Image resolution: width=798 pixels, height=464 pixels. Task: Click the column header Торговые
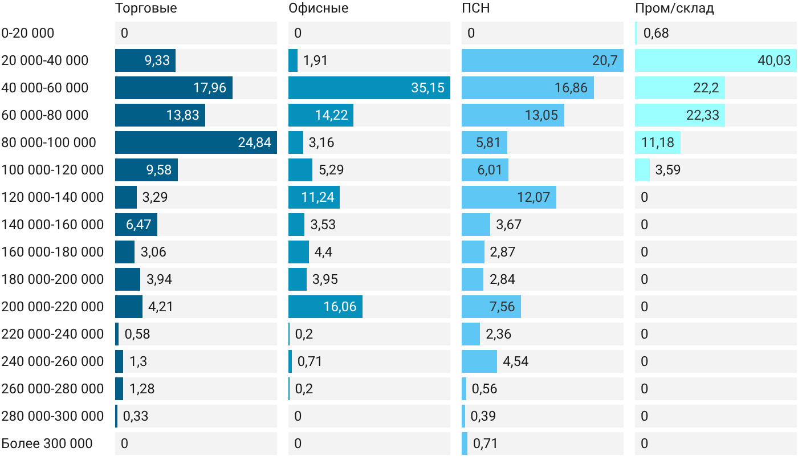(x=146, y=8)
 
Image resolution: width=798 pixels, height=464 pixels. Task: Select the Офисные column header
(x=319, y=8)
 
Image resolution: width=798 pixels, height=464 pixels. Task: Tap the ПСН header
(x=475, y=8)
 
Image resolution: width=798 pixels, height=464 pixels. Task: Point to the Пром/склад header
(x=674, y=8)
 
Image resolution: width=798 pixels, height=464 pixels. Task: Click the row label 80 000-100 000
(x=49, y=143)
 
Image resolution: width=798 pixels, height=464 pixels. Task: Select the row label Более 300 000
(x=47, y=443)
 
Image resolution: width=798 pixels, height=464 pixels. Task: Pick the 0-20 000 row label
(x=28, y=33)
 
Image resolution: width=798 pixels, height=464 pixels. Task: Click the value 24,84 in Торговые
(x=254, y=143)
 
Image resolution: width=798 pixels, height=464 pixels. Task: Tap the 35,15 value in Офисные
(x=428, y=88)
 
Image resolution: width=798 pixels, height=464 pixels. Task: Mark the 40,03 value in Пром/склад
(x=774, y=60)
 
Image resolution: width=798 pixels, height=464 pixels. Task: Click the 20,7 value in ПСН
(x=605, y=60)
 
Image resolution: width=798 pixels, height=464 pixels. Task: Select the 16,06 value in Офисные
(x=340, y=307)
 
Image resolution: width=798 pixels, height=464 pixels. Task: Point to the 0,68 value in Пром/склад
(x=656, y=33)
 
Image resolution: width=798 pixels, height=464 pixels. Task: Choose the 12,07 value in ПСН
(x=534, y=197)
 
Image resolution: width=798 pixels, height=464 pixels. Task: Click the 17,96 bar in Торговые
(x=174, y=88)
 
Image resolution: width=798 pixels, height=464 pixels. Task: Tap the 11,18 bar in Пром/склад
(x=658, y=143)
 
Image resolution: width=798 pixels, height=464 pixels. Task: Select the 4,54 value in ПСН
(x=515, y=361)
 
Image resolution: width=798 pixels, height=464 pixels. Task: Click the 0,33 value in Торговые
(x=136, y=416)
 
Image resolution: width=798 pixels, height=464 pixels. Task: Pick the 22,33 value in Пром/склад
(x=702, y=115)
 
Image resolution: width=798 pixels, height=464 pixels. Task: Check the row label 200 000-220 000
(x=52, y=307)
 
